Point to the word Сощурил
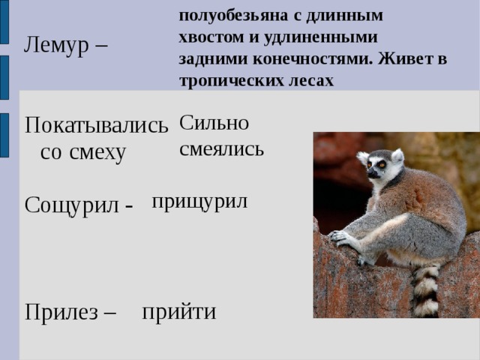pos(71,205)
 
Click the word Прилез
pos(61,312)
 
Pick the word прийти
pos(179,311)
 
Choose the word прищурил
pos(199,201)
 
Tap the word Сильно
pos(214,123)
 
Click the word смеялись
pos(222,148)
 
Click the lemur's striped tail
pos(426,289)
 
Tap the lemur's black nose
pos(370,175)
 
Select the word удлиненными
pos(323,36)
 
